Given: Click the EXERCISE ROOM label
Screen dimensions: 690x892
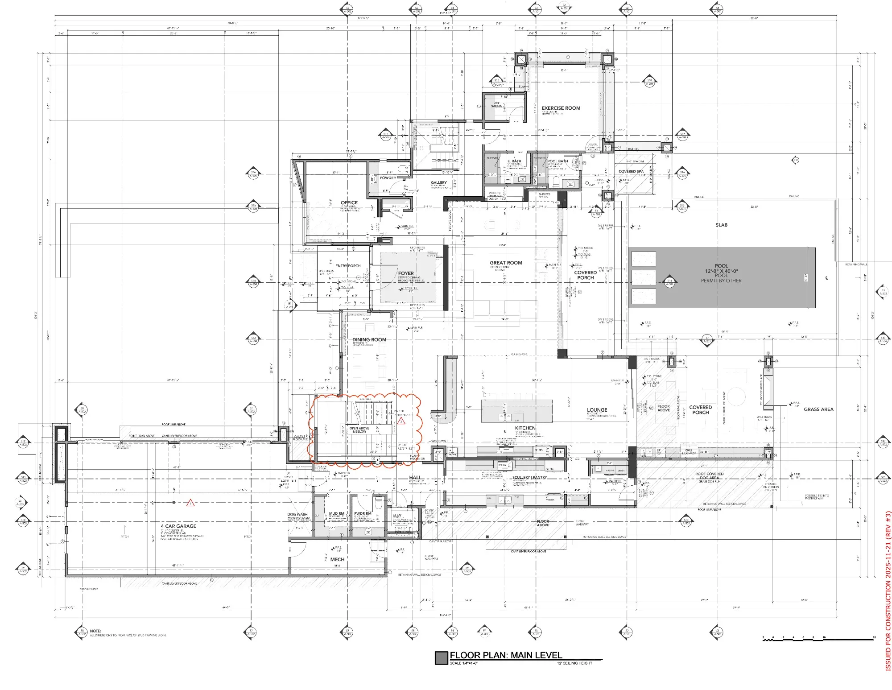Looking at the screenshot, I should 561,108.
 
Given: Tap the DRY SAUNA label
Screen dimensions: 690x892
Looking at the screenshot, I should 496,104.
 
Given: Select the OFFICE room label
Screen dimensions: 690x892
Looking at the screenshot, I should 349,202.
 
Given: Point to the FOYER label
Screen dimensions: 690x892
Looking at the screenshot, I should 406,273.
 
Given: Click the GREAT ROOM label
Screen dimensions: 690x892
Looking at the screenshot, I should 506,263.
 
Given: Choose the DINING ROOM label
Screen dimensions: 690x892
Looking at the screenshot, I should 369,339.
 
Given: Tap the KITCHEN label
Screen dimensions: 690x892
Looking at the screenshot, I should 525,428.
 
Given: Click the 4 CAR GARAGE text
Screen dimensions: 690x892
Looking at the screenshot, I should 178,526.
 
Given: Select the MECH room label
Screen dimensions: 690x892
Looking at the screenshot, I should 337,559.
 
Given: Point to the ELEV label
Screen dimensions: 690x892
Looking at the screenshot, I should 397,515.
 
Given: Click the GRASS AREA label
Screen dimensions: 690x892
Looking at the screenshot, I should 818,409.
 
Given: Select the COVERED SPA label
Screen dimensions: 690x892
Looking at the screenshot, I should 631,171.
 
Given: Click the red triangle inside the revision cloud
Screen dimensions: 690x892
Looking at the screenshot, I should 401,421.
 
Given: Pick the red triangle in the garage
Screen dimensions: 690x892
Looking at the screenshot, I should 190,503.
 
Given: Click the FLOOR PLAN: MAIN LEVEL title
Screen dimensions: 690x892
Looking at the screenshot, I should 506,655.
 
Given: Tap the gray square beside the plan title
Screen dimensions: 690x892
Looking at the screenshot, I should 441,657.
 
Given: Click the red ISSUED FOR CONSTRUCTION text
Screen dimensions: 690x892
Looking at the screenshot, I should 888,591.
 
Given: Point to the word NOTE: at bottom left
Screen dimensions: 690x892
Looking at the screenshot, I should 95,631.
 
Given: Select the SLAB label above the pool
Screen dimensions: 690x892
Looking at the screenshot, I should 721,225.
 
